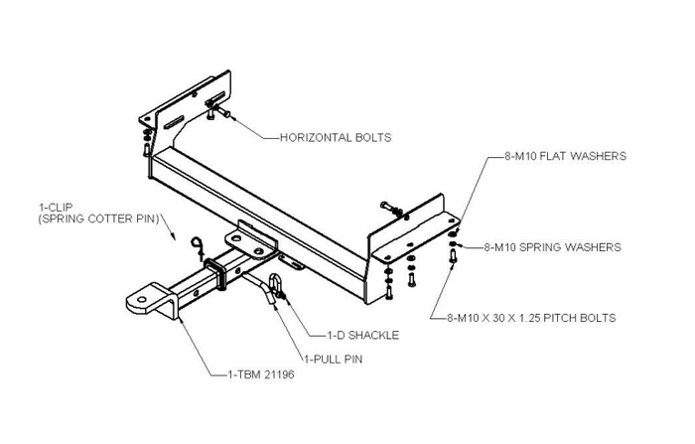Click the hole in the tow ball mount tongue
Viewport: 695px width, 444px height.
pyautogui.click(x=145, y=297)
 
